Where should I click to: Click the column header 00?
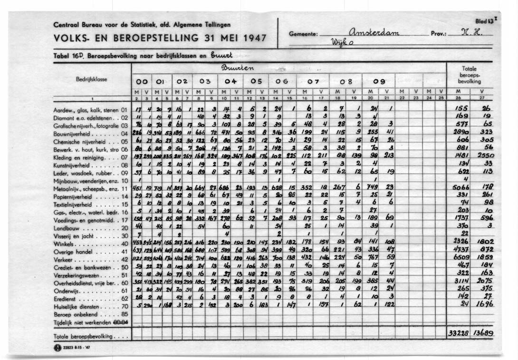click(142, 82)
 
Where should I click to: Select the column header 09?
click(379, 82)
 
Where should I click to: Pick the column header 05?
click(256, 82)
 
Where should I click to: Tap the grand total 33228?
click(459, 334)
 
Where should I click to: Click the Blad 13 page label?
click(484, 21)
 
